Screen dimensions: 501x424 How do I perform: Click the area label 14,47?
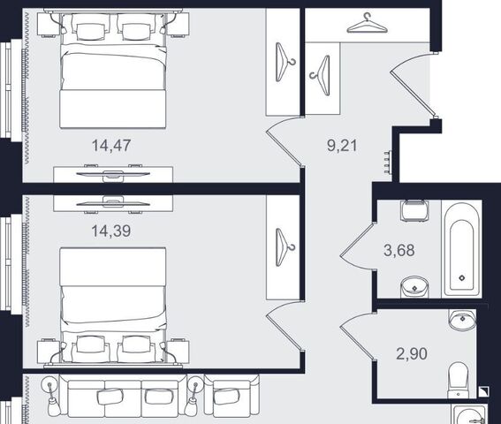click(111, 146)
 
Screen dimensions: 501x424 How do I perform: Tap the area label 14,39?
click(111, 231)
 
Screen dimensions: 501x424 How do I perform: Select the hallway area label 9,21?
click(342, 146)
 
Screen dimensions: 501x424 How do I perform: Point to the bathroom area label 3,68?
click(399, 250)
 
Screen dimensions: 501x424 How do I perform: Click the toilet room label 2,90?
click(412, 353)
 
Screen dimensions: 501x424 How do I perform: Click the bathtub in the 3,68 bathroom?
click(462, 247)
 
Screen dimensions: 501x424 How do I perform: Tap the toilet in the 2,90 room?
click(459, 380)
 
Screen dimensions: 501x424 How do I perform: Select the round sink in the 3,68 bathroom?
click(414, 287)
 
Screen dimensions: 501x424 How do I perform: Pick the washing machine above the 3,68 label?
click(414, 210)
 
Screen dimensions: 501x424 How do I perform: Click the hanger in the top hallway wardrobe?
click(368, 24)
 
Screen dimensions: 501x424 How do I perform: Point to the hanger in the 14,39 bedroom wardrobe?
click(285, 247)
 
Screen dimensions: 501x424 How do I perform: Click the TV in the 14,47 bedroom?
click(113, 174)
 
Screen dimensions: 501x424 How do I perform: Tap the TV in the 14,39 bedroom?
click(113, 202)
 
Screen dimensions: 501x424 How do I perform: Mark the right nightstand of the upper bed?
click(178, 25)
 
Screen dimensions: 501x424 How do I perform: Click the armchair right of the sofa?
click(232, 396)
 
